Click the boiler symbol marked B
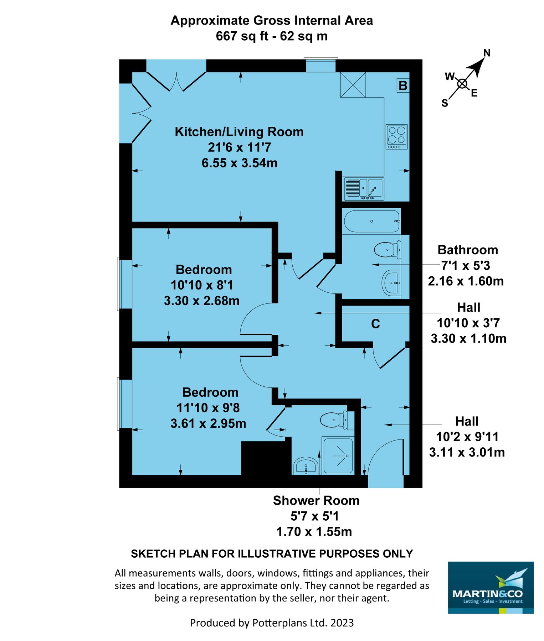[x=403, y=86]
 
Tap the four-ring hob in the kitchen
[x=396, y=137]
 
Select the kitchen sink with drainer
[x=364, y=189]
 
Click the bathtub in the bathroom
[x=371, y=222]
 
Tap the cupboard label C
[x=375, y=324]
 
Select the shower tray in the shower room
[x=338, y=455]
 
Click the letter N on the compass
[x=487, y=53]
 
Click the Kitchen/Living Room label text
[x=239, y=132]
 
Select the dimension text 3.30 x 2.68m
[x=201, y=301]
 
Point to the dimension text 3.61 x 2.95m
[x=208, y=423]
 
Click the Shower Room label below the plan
[x=316, y=500]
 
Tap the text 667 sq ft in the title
[x=241, y=36]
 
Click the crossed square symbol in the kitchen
[x=353, y=84]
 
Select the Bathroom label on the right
[x=467, y=250]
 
